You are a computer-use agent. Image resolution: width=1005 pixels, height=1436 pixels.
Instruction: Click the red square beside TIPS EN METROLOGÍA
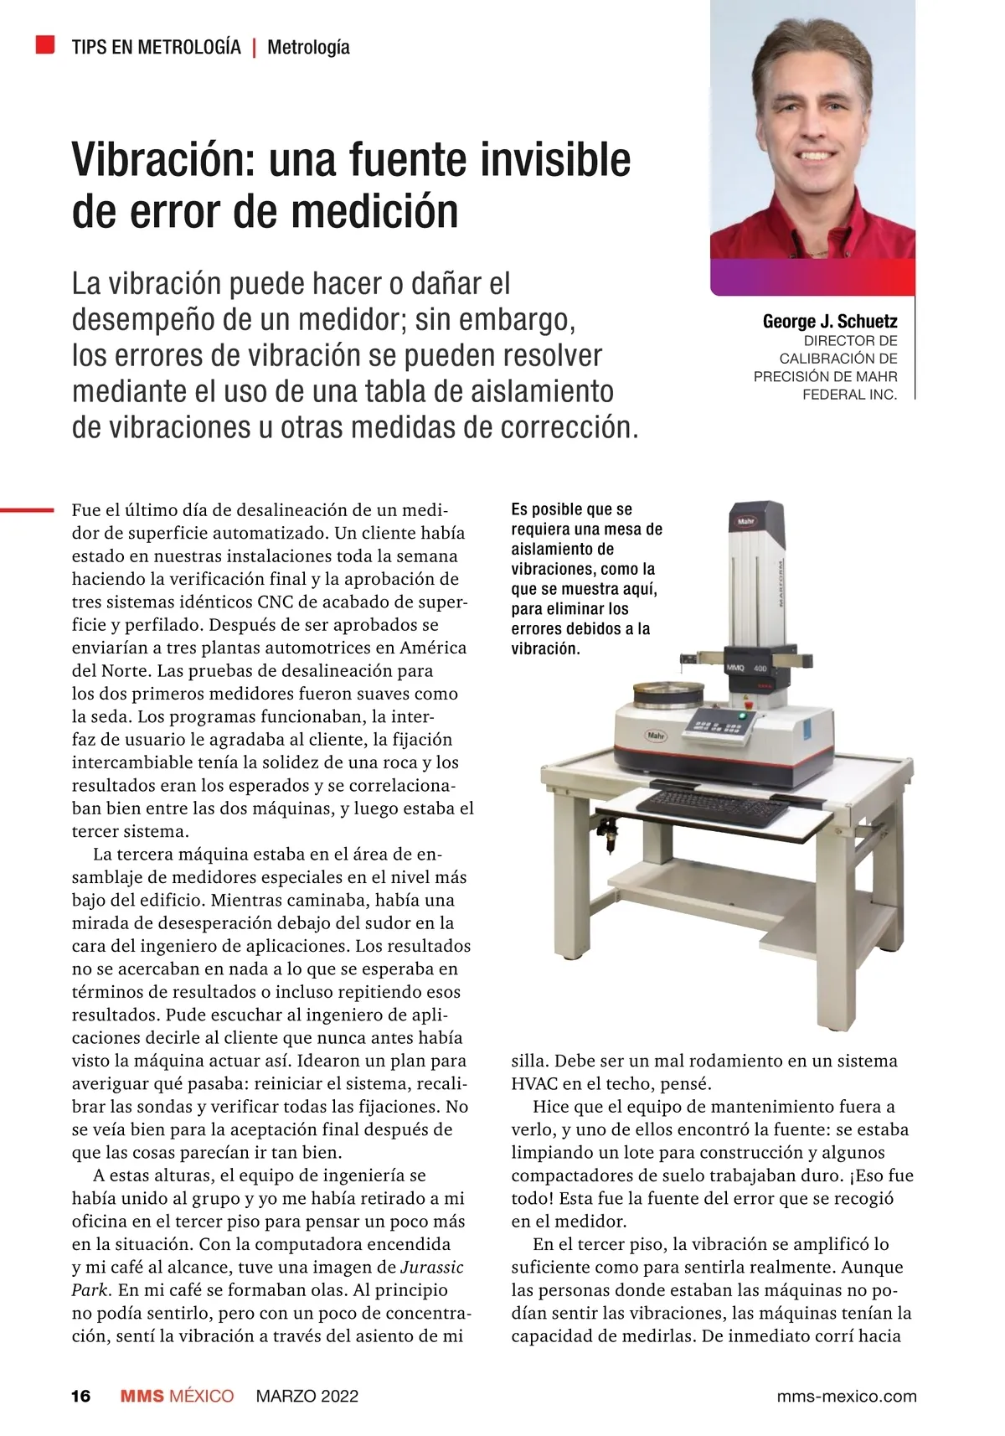(x=45, y=44)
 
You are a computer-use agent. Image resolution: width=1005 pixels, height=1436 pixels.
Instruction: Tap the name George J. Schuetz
(x=829, y=321)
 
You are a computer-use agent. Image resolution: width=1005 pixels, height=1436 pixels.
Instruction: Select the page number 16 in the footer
(x=80, y=1396)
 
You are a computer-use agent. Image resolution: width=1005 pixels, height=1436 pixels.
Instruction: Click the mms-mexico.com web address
(x=847, y=1396)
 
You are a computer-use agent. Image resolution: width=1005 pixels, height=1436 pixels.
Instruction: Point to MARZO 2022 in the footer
(x=307, y=1396)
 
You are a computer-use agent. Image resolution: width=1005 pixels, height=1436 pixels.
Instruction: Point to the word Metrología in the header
(x=308, y=47)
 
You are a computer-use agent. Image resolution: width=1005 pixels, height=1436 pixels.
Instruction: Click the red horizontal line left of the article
(x=27, y=508)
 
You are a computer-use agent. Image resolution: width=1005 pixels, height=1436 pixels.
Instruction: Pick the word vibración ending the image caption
(x=545, y=648)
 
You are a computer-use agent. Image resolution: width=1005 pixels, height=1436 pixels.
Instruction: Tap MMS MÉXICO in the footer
(x=177, y=1396)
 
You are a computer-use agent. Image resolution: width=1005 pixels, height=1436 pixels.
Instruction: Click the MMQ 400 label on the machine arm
(x=748, y=669)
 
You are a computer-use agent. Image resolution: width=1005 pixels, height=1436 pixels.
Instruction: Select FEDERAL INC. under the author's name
(x=849, y=394)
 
